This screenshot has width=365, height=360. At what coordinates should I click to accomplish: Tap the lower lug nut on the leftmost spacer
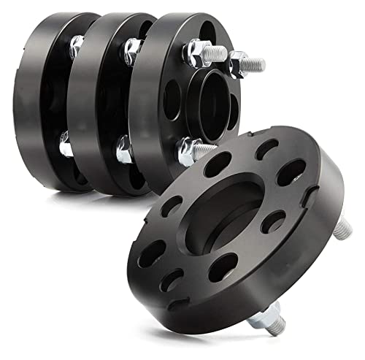pyautogui.click(x=66, y=148)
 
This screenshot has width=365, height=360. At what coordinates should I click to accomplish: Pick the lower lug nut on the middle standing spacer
pyautogui.click(x=123, y=151)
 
